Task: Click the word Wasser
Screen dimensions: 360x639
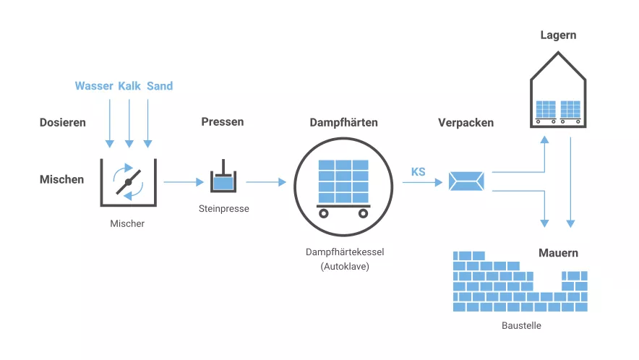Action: coord(94,86)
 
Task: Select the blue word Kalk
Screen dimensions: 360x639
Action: coord(129,86)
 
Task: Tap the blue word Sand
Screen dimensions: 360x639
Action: coord(160,86)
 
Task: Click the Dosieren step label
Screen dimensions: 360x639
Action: coord(62,122)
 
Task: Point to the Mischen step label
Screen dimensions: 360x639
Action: coord(61,179)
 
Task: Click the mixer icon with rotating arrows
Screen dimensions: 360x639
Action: coord(128,182)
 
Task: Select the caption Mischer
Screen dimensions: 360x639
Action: coord(127,224)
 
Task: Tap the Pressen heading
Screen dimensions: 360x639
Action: coord(222,121)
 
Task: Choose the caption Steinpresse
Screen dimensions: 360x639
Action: coord(223,210)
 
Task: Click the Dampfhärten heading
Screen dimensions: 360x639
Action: coord(343,122)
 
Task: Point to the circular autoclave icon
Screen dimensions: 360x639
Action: coord(343,185)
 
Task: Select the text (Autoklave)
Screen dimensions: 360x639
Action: coord(344,267)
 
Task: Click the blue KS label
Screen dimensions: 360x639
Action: coord(418,172)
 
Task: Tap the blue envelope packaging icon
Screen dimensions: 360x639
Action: coord(466,181)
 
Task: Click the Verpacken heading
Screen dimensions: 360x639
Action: coord(466,122)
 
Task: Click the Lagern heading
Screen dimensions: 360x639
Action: coord(558,35)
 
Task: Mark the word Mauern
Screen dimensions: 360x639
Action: coord(558,253)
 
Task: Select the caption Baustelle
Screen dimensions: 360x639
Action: coord(521,326)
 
